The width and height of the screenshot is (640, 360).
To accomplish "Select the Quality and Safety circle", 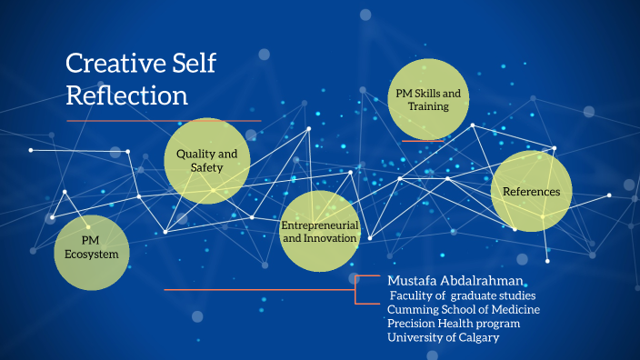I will tap(206, 161).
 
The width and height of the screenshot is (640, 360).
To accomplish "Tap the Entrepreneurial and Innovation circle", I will tap(320, 231).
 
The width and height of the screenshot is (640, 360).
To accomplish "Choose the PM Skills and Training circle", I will tap(428, 100).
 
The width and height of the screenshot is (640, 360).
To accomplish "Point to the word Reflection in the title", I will tap(127, 95).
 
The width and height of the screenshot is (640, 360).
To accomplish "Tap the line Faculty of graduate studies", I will tap(463, 295).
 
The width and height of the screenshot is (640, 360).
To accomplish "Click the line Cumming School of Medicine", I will tap(464, 309).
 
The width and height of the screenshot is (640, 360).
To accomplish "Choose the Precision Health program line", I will tap(454, 324).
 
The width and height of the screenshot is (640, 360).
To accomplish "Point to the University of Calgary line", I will tap(443, 337).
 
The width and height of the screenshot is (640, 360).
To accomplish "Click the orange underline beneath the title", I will tap(164, 121).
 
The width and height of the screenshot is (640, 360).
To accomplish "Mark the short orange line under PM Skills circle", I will tap(423, 141).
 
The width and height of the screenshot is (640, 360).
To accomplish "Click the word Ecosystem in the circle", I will tap(91, 255).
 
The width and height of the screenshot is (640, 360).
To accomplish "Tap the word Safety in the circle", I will tap(206, 168).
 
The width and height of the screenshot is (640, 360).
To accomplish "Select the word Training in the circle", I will tap(428, 107).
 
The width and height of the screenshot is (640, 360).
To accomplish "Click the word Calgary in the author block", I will tap(476, 337).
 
